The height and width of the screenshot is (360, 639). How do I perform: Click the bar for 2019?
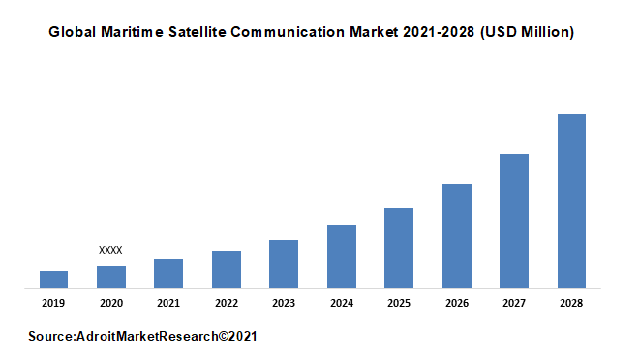pyautogui.click(x=53, y=279)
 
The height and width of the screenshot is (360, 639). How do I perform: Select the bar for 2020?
pyautogui.click(x=111, y=277)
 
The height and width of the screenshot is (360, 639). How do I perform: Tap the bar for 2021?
pyautogui.click(x=168, y=273)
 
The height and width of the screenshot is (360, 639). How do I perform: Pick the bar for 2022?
pyautogui.click(x=227, y=269)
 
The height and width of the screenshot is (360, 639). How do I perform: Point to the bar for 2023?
pyautogui.click(x=284, y=263)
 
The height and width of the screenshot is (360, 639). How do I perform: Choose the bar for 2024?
pyautogui.click(x=342, y=256)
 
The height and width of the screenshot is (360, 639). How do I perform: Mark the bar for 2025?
pyautogui.click(x=399, y=248)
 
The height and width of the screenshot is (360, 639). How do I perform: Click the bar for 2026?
pyautogui.click(x=457, y=235)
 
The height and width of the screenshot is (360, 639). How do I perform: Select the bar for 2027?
pyautogui.click(x=514, y=221)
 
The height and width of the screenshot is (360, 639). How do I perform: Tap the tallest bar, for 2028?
pyautogui.click(x=571, y=200)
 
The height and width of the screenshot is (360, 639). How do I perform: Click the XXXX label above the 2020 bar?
pyautogui.click(x=111, y=250)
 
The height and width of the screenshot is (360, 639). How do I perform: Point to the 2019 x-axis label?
pyautogui.click(x=53, y=303)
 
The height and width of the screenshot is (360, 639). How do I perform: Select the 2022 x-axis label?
pyautogui.click(x=227, y=303)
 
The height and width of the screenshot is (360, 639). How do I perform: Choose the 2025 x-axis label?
pyautogui.click(x=399, y=303)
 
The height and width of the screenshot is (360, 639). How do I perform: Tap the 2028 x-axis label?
pyautogui.click(x=571, y=303)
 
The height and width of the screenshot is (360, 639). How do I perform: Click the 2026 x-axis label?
pyautogui.click(x=457, y=303)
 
